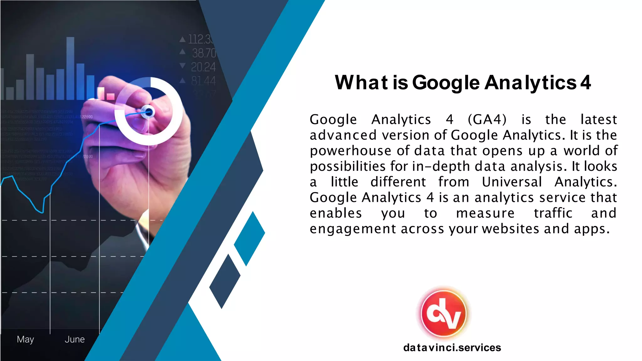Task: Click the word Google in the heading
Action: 445,83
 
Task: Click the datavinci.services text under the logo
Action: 452,348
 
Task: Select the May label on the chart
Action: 25,339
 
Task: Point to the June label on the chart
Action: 75,339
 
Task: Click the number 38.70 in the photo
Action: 204,53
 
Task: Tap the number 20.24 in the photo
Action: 203,67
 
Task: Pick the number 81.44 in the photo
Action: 203,81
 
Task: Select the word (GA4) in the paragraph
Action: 487,119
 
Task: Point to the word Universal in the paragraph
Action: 512,182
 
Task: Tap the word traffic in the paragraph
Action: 553,213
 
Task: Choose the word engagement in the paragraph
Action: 353,229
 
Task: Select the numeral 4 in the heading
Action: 585,83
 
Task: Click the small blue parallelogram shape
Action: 249,238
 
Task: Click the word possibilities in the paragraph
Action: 347,166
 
